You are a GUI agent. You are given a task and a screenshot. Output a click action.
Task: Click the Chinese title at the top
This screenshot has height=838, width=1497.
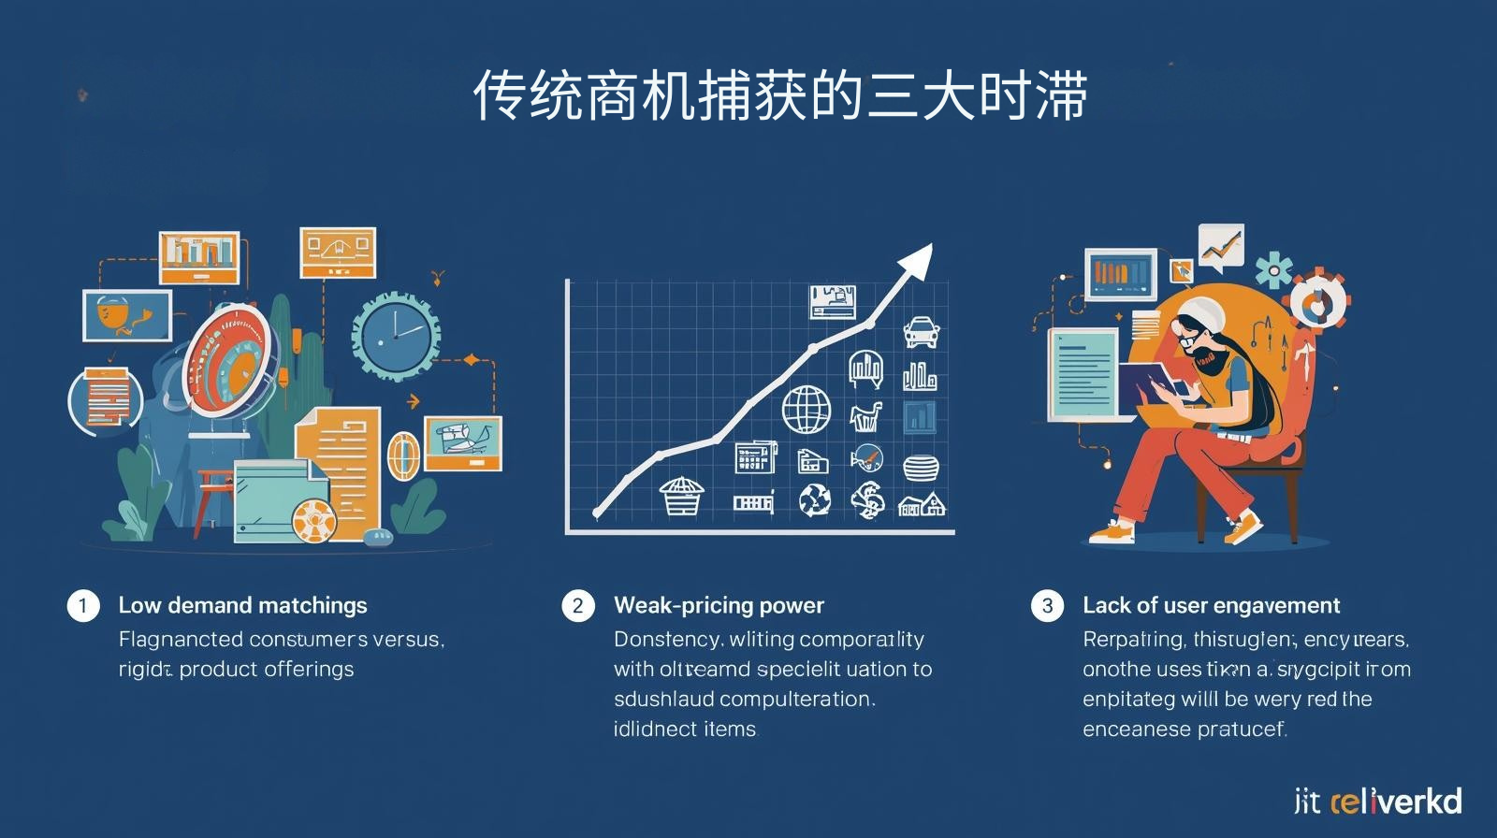tap(779, 95)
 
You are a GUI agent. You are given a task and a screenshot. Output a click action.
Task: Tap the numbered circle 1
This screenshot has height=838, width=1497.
tap(82, 606)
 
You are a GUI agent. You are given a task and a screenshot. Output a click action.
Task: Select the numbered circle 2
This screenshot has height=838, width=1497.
tap(577, 606)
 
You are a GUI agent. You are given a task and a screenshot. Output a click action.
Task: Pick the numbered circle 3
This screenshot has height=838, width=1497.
tap(1047, 606)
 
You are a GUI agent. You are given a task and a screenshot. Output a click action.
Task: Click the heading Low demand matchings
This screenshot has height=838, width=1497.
tap(242, 606)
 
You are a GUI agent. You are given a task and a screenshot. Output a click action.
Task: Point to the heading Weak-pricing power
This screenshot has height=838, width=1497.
tap(719, 606)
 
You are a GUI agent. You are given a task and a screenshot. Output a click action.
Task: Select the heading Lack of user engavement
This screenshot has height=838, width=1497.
tap(1211, 606)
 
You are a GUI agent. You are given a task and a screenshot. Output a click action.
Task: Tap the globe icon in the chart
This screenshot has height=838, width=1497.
tap(806, 410)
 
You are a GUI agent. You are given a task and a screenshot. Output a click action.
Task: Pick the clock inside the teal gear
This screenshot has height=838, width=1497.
tap(395, 337)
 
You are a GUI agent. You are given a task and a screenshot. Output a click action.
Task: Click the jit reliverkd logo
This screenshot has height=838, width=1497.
tap(1377, 802)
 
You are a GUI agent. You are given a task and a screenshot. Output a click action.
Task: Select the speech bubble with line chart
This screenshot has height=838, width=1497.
tap(1221, 247)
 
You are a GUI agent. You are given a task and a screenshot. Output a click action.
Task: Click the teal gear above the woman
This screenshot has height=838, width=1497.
tap(1272, 270)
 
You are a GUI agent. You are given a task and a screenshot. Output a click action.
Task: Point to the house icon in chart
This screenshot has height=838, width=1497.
tap(922, 505)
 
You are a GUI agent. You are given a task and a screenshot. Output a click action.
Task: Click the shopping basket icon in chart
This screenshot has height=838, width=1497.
tap(681, 497)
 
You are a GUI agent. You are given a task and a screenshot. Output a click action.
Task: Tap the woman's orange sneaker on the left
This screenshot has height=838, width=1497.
tap(1112, 533)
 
